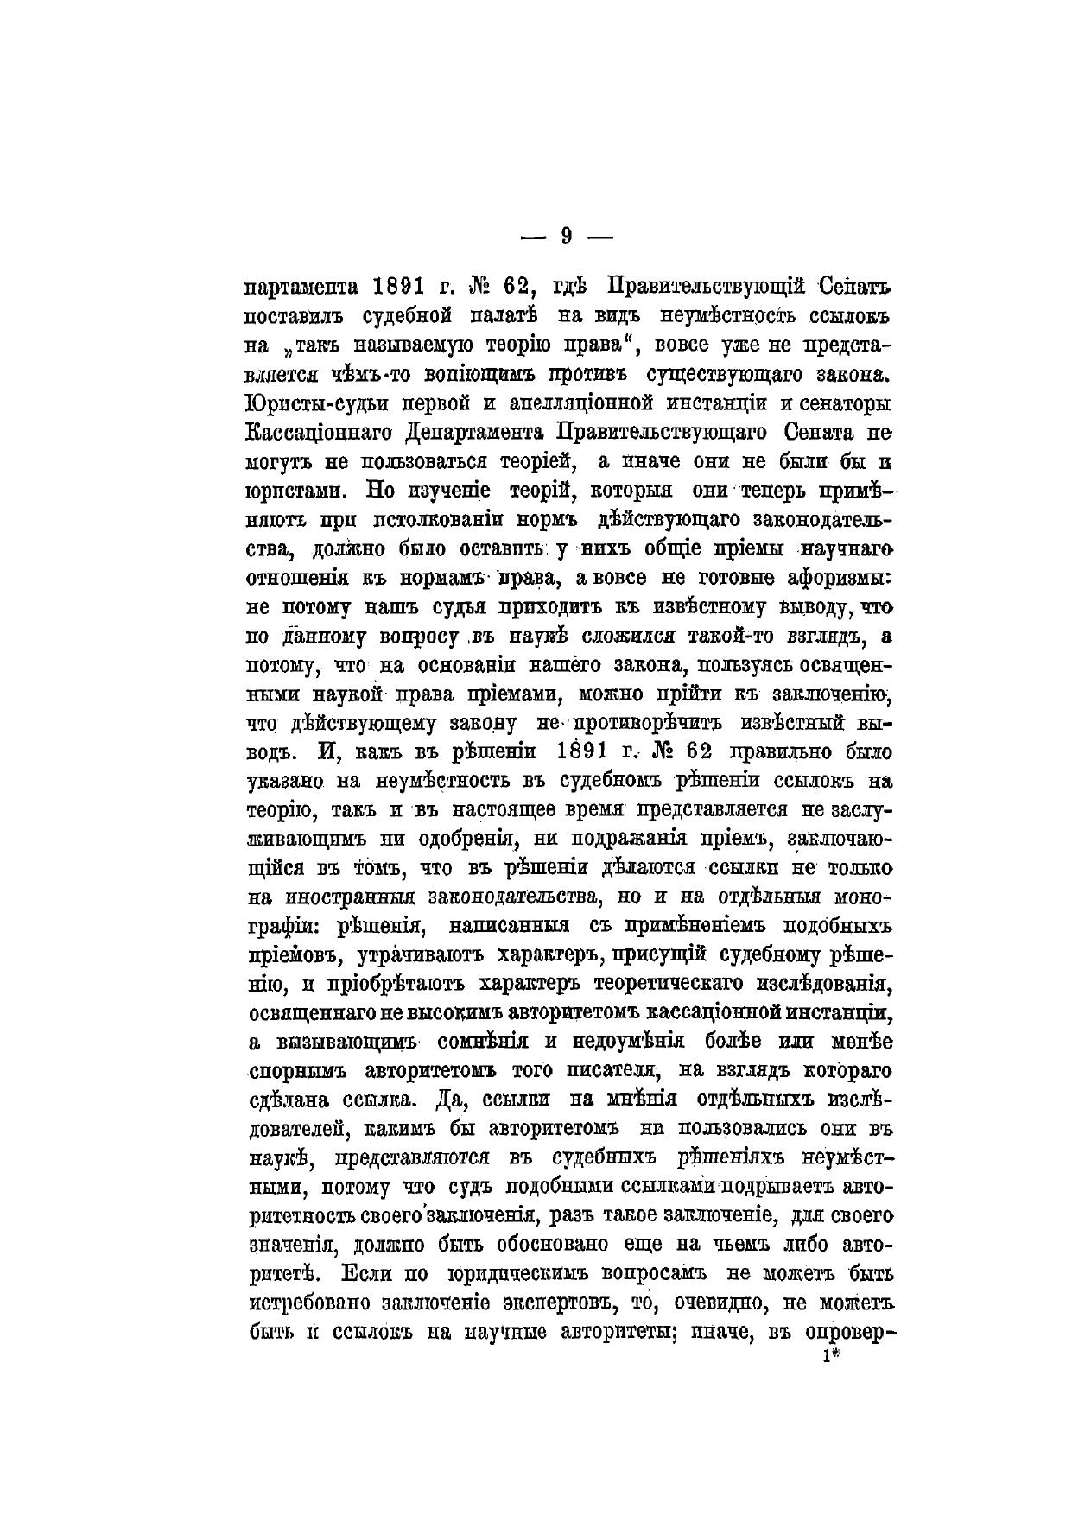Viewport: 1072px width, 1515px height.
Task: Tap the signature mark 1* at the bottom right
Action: point(832,1356)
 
